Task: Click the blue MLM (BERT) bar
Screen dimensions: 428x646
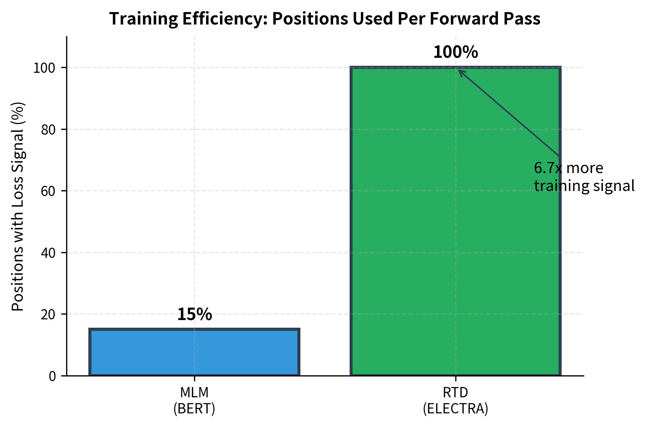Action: click(x=194, y=352)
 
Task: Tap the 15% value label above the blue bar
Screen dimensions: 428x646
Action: click(x=194, y=315)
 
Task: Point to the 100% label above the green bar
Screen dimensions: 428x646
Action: click(x=455, y=52)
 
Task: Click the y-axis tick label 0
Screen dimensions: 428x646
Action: click(x=52, y=376)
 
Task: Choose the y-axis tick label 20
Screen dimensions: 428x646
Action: click(x=48, y=315)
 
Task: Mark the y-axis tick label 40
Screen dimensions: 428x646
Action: click(x=48, y=253)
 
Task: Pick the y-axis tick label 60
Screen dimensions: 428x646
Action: click(x=48, y=191)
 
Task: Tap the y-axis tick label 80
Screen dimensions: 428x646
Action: click(x=48, y=129)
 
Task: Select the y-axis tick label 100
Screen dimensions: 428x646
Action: click(x=45, y=68)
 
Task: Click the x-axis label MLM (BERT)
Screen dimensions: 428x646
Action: click(x=194, y=400)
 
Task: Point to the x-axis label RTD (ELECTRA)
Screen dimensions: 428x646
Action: click(x=455, y=400)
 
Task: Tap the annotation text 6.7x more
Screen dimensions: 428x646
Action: click(x=568, y=168)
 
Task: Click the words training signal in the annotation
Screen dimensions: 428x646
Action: click(x=584, y=186)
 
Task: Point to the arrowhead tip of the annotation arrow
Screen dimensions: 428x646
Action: click(x=459, y=70)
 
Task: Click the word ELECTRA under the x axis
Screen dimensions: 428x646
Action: click(x=456, y=409)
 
